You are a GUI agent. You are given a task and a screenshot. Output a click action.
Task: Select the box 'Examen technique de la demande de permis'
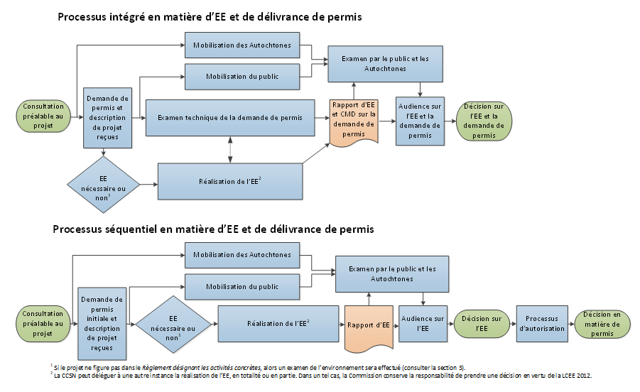point(230,118)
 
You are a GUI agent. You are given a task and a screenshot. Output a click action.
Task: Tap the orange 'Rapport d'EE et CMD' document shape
point(354,121)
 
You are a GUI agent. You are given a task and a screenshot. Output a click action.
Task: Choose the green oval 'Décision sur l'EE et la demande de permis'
point(484,121)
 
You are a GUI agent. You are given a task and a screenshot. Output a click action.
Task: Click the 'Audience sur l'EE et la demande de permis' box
point(420,121)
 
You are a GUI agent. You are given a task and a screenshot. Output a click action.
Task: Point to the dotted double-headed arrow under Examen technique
point(230,150)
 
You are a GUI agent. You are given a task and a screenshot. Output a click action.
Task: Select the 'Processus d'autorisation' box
point(542,324)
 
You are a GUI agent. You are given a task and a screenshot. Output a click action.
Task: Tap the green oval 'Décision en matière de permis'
point(602,325)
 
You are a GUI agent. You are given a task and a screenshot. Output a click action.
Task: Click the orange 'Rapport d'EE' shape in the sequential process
point(369,327)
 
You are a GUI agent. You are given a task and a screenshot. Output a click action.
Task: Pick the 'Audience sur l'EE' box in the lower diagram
point(423,324)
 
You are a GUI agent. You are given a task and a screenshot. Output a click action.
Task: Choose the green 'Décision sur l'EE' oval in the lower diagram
point(482,324)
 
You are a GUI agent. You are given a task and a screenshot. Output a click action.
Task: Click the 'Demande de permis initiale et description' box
point(102,324)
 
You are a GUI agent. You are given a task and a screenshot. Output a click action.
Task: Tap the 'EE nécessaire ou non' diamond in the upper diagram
point(103,185)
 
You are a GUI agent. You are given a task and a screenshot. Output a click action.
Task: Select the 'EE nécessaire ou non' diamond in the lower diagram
point(173,325)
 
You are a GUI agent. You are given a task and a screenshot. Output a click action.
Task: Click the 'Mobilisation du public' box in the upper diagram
point(242,77)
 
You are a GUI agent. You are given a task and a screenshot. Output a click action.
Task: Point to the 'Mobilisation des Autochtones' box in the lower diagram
point(242,256)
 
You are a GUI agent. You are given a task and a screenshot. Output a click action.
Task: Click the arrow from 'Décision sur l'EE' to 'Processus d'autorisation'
point(513,324)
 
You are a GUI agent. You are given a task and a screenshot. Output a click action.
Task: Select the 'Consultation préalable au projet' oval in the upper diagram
point(43,116)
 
